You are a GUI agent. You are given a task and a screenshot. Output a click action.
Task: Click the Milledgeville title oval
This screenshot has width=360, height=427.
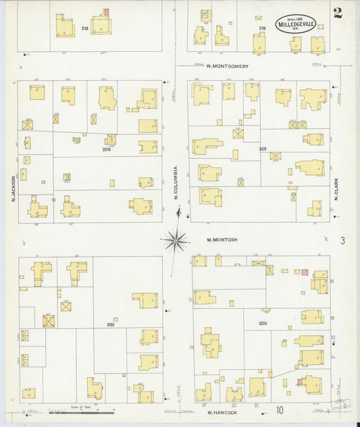point(294,24)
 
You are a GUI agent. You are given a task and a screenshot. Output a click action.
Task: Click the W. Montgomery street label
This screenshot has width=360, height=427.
point(228,66)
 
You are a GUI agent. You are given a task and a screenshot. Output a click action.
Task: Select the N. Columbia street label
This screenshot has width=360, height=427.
point(175,183)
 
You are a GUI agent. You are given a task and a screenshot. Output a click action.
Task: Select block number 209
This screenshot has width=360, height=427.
point(107,149)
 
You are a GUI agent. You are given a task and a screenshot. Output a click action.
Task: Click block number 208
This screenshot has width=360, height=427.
point(263,148)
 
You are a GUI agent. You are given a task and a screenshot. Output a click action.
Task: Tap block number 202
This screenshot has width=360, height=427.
point(110,324)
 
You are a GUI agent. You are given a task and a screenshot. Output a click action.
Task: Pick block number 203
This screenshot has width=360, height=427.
point(263,324)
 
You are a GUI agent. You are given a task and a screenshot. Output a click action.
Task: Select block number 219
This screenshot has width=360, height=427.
point(261,28)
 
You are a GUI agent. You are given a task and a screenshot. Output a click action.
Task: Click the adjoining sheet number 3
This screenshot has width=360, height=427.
point(342,241)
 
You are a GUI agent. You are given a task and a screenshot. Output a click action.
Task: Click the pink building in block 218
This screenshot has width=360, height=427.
point(106,12)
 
